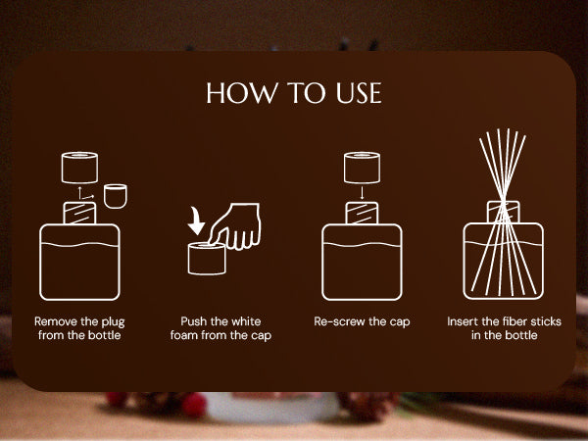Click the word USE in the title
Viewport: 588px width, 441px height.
pyautogui.click(x=359, y=93)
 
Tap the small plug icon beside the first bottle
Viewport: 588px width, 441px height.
pyautogui.click(x=115, y=196)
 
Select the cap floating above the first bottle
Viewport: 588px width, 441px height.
pyautogui.click(x=79, y=168)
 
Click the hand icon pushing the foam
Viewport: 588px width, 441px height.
pyautogui.click(x=235, y=226)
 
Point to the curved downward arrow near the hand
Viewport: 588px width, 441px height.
pyautogui.click(x=196, y=220)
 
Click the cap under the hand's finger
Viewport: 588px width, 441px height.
pyautogui.click(x=207, y=259)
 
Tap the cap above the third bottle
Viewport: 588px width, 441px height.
pyautogui.click(x=362, y=168)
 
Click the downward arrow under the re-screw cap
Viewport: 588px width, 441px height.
pyautogui.click(x=362, y=193)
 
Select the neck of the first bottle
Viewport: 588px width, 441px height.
pyautogui.click(x=79, y=213)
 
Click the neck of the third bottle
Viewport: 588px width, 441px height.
pyautogui.click(x=362, y=213)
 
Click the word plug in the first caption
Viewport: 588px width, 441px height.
pyautogui.click(x=113, y=322)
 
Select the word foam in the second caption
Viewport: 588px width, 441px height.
pyautogui.click(x=184, y=335)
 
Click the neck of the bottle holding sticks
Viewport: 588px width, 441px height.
pyautogui.click(x=504, y=212)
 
